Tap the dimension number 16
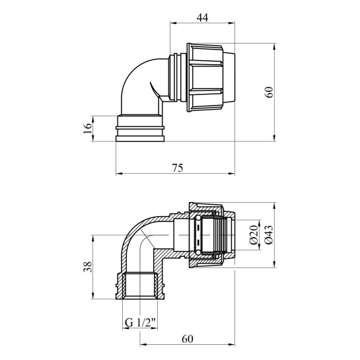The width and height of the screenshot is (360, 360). [87, 128]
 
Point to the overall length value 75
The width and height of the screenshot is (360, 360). [177, 167]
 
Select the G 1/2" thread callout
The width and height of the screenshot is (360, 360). [141, 323]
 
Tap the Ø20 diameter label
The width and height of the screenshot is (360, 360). [253, 234]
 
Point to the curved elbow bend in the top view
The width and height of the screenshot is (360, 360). [135, 83]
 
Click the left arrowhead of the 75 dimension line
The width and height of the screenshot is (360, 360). [118, 173]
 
